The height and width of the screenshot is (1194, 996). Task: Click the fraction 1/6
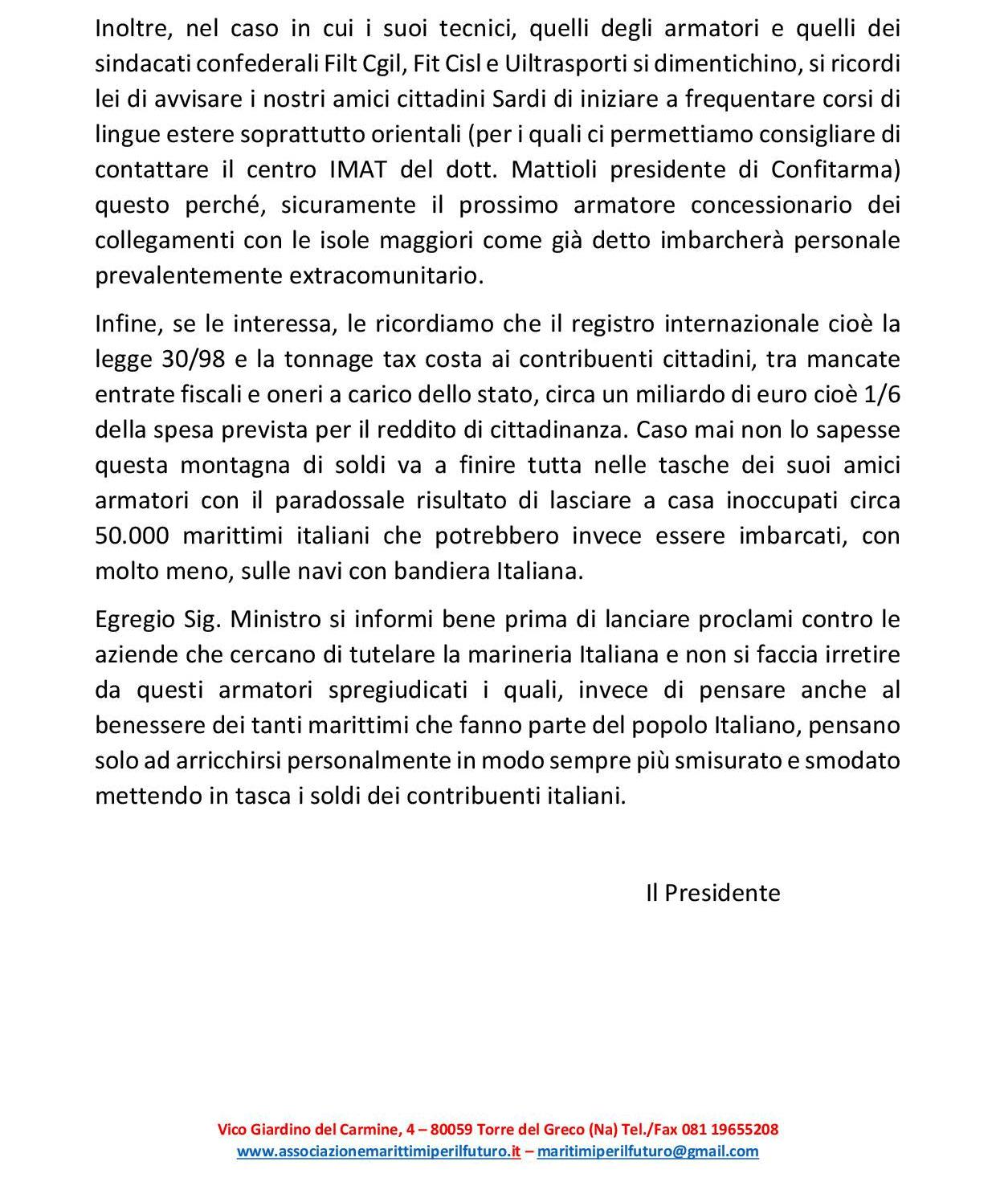pos(881,393)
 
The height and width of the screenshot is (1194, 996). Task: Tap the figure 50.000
pos(132,535)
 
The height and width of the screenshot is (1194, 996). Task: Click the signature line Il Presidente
pos(712,893)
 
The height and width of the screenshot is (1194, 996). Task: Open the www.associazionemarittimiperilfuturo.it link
pos(378,1151)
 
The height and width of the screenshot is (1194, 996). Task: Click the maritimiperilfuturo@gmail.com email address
pos(647,1151)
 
